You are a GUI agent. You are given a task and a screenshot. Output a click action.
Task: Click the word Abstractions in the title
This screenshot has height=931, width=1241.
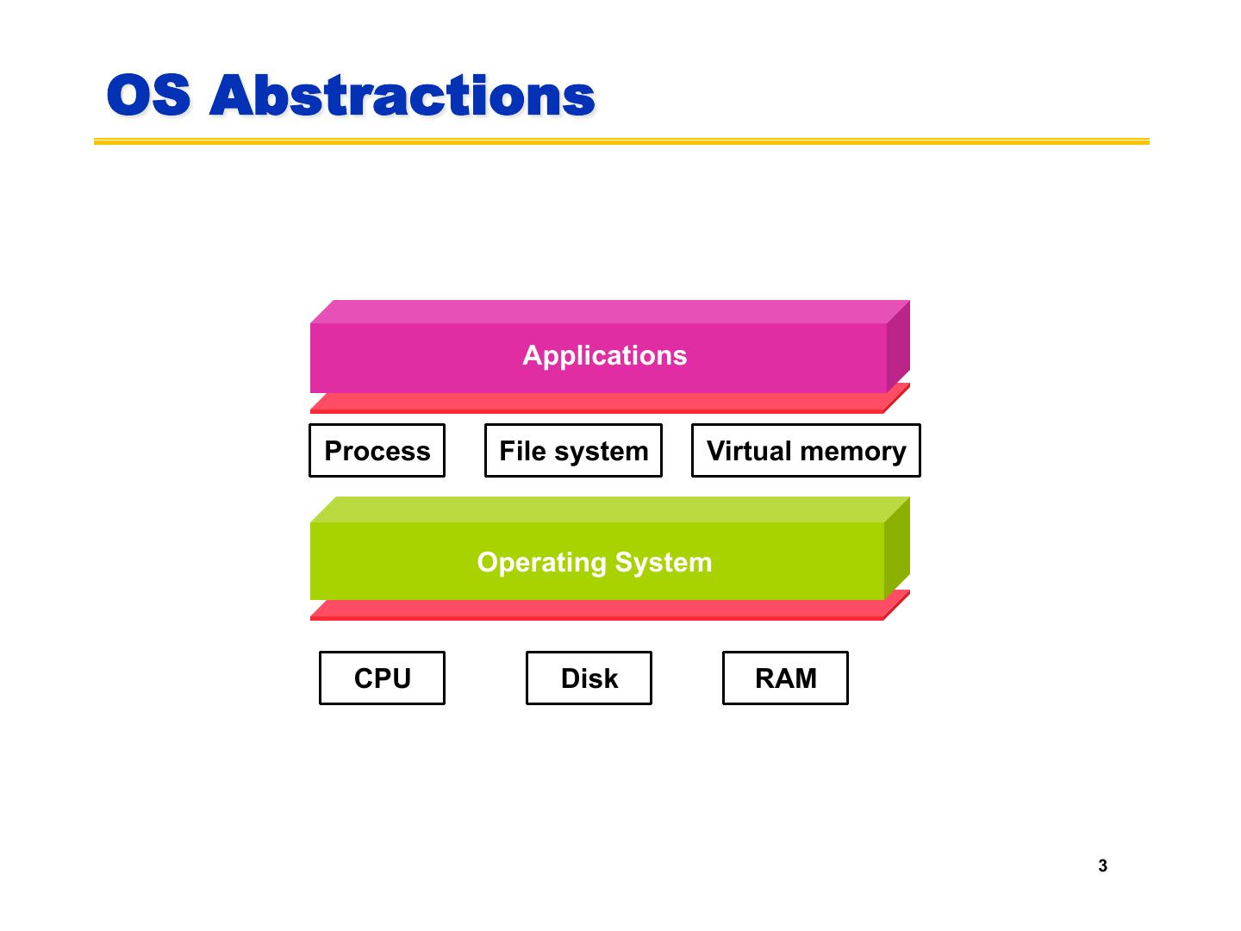(402, 95)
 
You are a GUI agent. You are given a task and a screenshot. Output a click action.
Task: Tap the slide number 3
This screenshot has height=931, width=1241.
(1102, 866)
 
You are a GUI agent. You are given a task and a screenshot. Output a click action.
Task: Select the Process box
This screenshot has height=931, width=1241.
(377, 451)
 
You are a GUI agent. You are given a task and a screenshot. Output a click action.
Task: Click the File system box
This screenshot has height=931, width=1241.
(573, 451)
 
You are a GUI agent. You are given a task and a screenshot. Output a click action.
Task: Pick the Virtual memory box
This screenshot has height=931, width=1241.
(806, 451)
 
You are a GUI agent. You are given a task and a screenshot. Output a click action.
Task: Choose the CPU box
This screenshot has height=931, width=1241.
(382, 678)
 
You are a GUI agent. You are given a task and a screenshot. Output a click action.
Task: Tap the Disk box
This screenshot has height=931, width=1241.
(589, 678)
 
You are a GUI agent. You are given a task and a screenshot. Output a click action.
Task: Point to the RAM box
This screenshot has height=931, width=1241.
(785, 678)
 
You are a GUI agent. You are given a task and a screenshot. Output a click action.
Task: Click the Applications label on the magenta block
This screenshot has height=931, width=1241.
(604, 355)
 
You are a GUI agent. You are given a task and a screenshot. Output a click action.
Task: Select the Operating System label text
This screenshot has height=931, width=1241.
(595, 562)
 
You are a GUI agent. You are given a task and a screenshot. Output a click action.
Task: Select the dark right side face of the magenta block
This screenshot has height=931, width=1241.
(898, 345)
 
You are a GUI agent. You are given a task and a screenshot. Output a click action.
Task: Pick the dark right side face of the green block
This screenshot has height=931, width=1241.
(897, 547)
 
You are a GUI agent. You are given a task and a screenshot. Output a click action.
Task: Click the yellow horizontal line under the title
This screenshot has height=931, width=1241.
(621, 141)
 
